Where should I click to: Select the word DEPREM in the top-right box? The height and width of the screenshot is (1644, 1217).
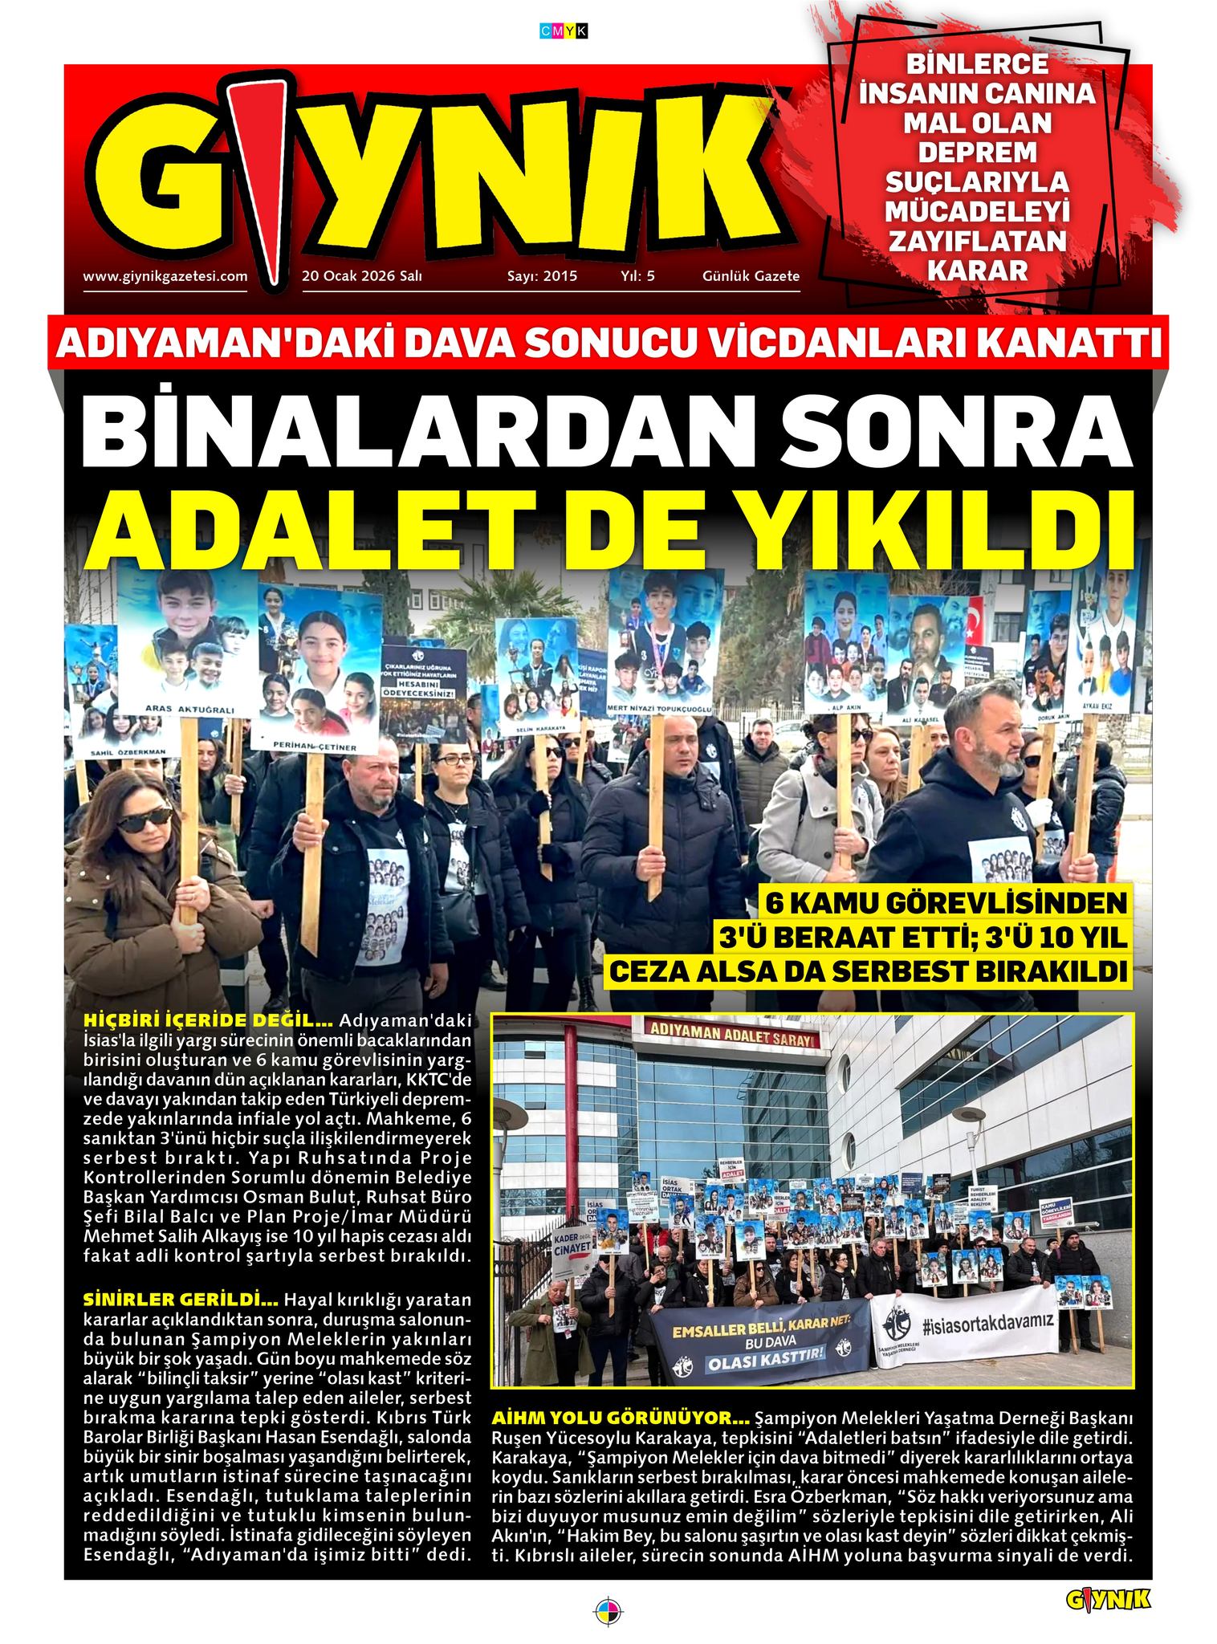[977, 153]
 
